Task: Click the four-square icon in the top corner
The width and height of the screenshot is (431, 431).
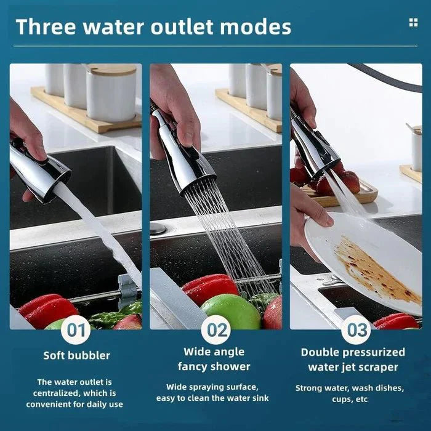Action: pos(413,23)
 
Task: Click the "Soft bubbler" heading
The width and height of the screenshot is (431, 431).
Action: pos(76,355)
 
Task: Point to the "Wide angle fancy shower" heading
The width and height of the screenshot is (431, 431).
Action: pos(214,359)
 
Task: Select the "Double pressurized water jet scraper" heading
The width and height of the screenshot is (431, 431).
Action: pos(353,359)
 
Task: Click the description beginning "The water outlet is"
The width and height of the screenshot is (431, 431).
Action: pos(75,393)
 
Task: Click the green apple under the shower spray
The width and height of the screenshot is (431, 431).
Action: pos(230,312)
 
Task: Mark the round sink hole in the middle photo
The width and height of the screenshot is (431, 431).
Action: pos(158,228)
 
